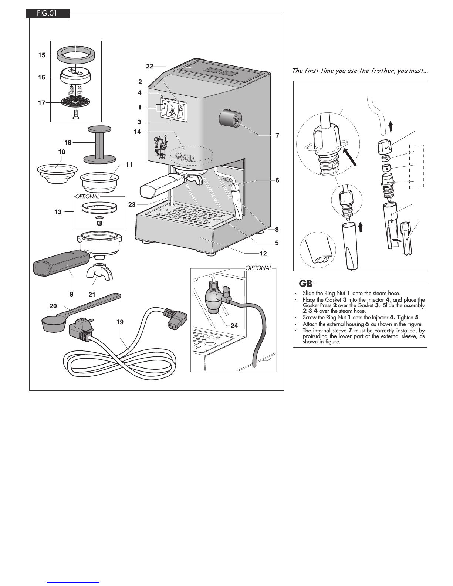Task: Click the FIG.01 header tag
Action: [47, 14]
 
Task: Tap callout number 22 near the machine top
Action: [149, 66]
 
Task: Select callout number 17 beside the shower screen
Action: [41, 103]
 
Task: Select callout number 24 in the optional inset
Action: [234, 325]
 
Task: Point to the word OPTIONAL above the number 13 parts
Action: [87, 197]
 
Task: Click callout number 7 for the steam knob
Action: [277, 135]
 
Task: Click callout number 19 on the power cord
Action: [119, 322]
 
